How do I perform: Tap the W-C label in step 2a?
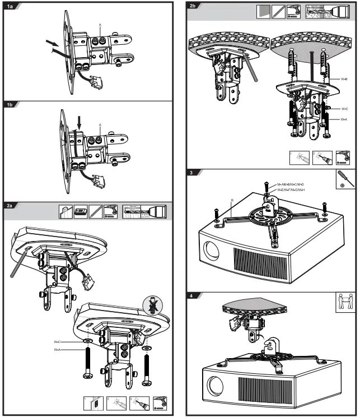pyautogui.click(x=57, y=341)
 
